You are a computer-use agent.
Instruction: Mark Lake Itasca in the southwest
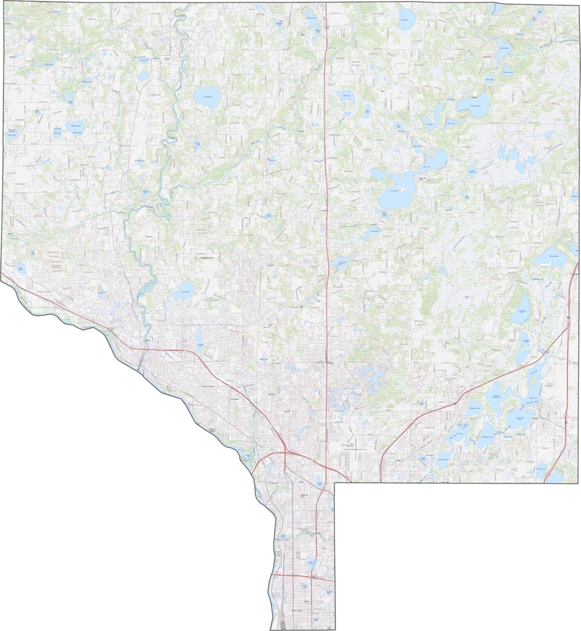pos(21,269)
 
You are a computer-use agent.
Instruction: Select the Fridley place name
pos(324,548)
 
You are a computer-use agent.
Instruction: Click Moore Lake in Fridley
pos(311,563)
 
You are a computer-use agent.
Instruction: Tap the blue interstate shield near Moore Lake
pos(313,577)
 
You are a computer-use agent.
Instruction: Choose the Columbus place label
pos(449,210)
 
